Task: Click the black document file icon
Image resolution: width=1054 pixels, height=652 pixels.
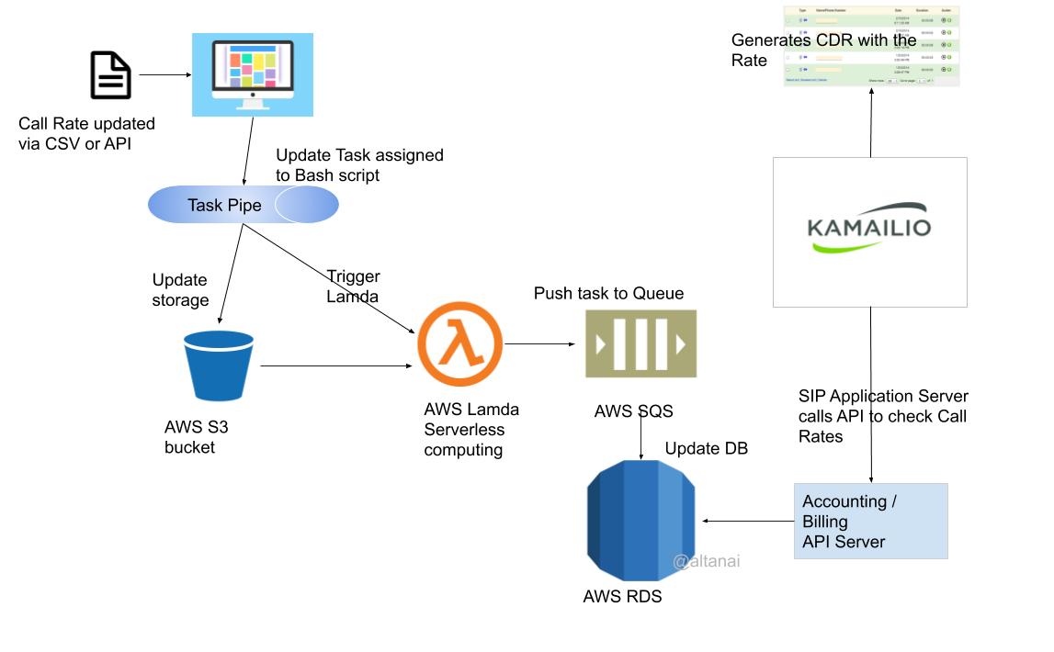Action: pos(110,75)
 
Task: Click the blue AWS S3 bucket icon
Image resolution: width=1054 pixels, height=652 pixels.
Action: pos(218,367)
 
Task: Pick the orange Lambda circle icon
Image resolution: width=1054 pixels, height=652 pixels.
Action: pos(459,344)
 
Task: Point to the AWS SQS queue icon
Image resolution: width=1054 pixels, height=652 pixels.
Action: pos(640,344)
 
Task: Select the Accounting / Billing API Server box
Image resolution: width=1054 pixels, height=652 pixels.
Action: pos(870,521)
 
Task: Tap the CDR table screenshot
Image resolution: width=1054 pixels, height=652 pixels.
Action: pos(870,46)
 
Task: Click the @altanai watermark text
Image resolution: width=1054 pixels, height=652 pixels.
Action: pos(706,561)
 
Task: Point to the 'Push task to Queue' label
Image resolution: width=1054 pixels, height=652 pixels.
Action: pos(608,293)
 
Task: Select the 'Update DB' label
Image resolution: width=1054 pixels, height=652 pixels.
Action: pos(706,448)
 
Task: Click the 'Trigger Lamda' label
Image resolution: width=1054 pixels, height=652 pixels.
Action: pos(353,286)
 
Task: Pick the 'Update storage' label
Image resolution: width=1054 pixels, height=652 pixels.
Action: pos(180,289)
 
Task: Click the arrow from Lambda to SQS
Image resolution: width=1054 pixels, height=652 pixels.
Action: pos(539,344)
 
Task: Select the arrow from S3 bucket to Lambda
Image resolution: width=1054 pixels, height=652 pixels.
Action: pos(336,365)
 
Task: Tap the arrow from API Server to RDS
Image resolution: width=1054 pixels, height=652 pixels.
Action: pos(747,522)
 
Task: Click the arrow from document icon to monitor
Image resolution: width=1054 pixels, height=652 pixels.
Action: pos(164,74)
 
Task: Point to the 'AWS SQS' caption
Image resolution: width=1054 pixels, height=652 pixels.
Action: pos(627,410)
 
